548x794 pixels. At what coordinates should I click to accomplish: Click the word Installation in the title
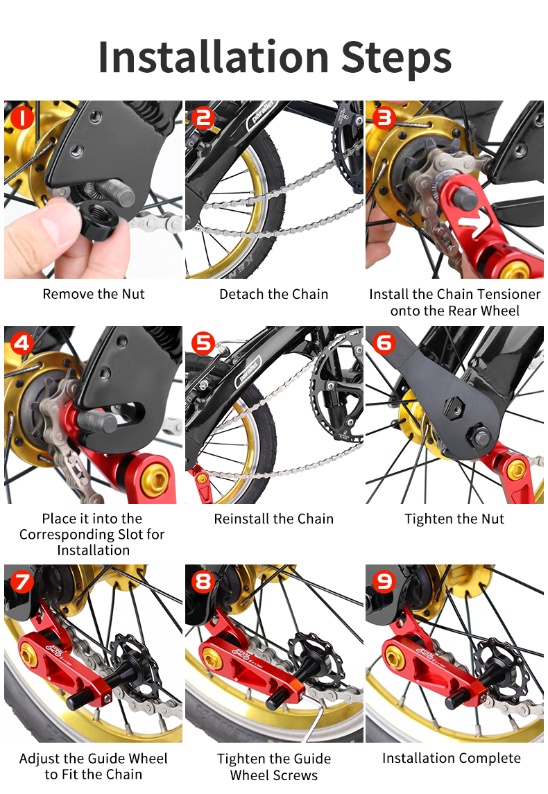click(x=214, y=57)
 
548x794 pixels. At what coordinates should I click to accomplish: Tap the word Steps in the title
click(x=397, y=59)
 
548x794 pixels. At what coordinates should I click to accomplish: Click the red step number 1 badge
click(x=22, y=117)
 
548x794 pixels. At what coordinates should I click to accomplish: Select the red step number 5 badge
click(x=203, y=343)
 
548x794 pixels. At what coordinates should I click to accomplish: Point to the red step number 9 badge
click(x=384, y=581)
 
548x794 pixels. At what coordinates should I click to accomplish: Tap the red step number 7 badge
click(x=22, y=581)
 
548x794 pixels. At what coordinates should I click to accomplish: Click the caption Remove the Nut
click(x=94, y=294)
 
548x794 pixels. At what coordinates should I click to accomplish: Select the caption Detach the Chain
click(x=273, y=294)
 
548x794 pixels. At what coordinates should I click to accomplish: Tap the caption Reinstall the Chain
click(x=273, y=519)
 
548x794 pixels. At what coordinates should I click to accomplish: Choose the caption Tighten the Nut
click(x=454, y=519)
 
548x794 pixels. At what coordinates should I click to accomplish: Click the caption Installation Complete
click(x=452, y=758)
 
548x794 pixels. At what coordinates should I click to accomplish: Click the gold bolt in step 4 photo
click(x=155, y=481)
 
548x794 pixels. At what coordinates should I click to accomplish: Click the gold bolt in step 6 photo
click(x=516, y=471)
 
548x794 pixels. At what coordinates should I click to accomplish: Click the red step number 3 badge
click(x=384, y=117)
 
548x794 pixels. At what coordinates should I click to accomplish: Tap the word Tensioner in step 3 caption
click(x=510, y=294)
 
